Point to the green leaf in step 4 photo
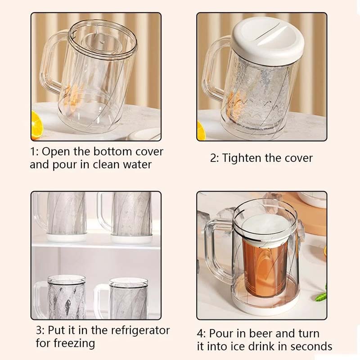click(320, 297)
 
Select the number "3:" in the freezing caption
click(41, 330)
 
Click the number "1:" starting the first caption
click(35, 152)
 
